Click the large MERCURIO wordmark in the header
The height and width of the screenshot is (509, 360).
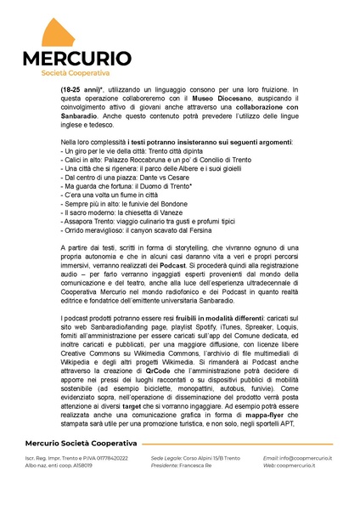pos(76,59)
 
